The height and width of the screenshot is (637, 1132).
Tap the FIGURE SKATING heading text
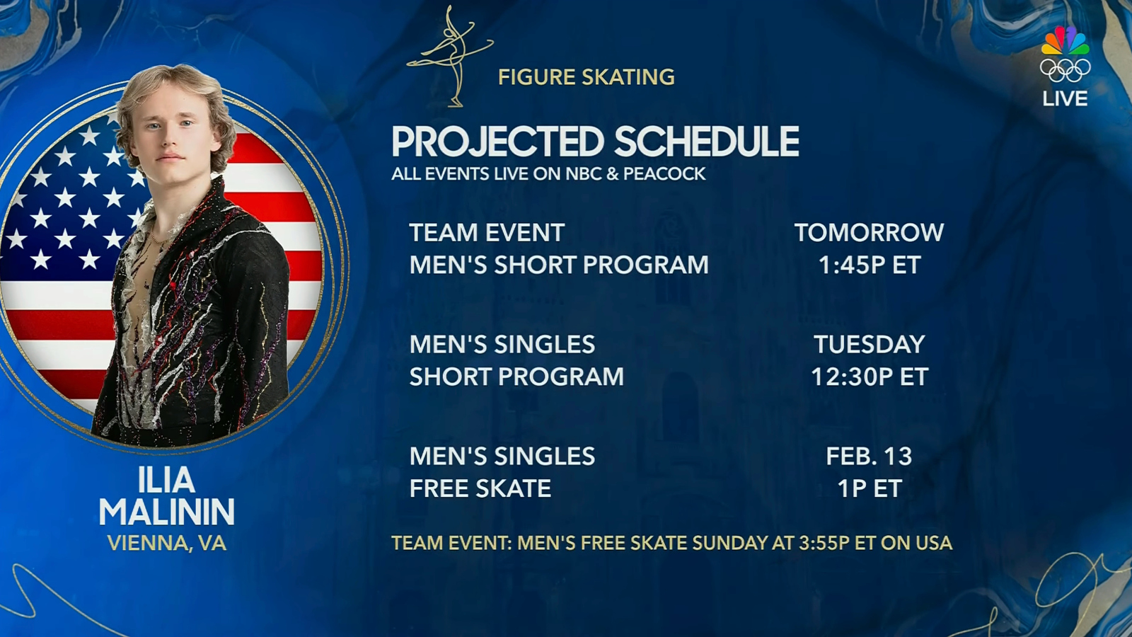(x=586, y=77)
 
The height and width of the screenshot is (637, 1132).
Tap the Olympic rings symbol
(x=1065, y=70)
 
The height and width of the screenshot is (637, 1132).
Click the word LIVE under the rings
(x=1065, y=99)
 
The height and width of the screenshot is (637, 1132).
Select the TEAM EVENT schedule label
(x=487, y=233)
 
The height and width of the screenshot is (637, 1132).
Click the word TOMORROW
(x=869, y=233)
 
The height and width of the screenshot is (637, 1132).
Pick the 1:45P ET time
(x=869, y=265)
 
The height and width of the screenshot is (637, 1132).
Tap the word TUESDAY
(x=869, y=345)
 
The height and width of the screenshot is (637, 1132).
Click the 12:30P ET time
(x=869, y=377)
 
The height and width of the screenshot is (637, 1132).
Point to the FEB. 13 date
(x=869, y=457)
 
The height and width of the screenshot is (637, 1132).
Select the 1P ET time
(x=869, y=489)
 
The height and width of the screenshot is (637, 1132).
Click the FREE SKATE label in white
(x=480, y=489)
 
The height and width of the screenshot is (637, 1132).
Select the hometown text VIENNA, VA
(x=166, y=544)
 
